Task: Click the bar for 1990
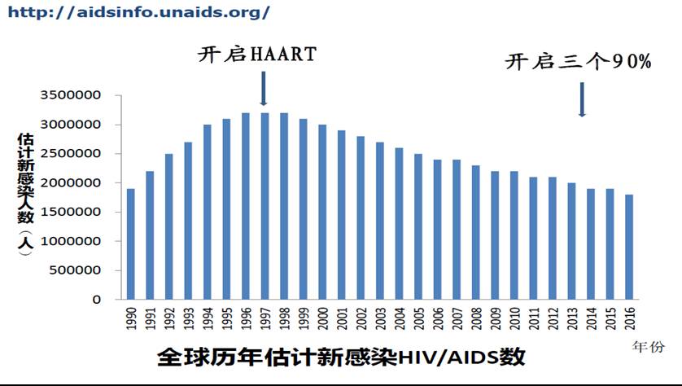coord(130,243)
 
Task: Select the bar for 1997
coord(264,205)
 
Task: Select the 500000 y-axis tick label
coord(77,270)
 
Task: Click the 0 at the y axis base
coord(96,299)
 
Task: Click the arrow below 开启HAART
coord(264,88)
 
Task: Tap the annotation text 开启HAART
coord(257,55)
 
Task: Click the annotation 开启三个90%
coord(579,62)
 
